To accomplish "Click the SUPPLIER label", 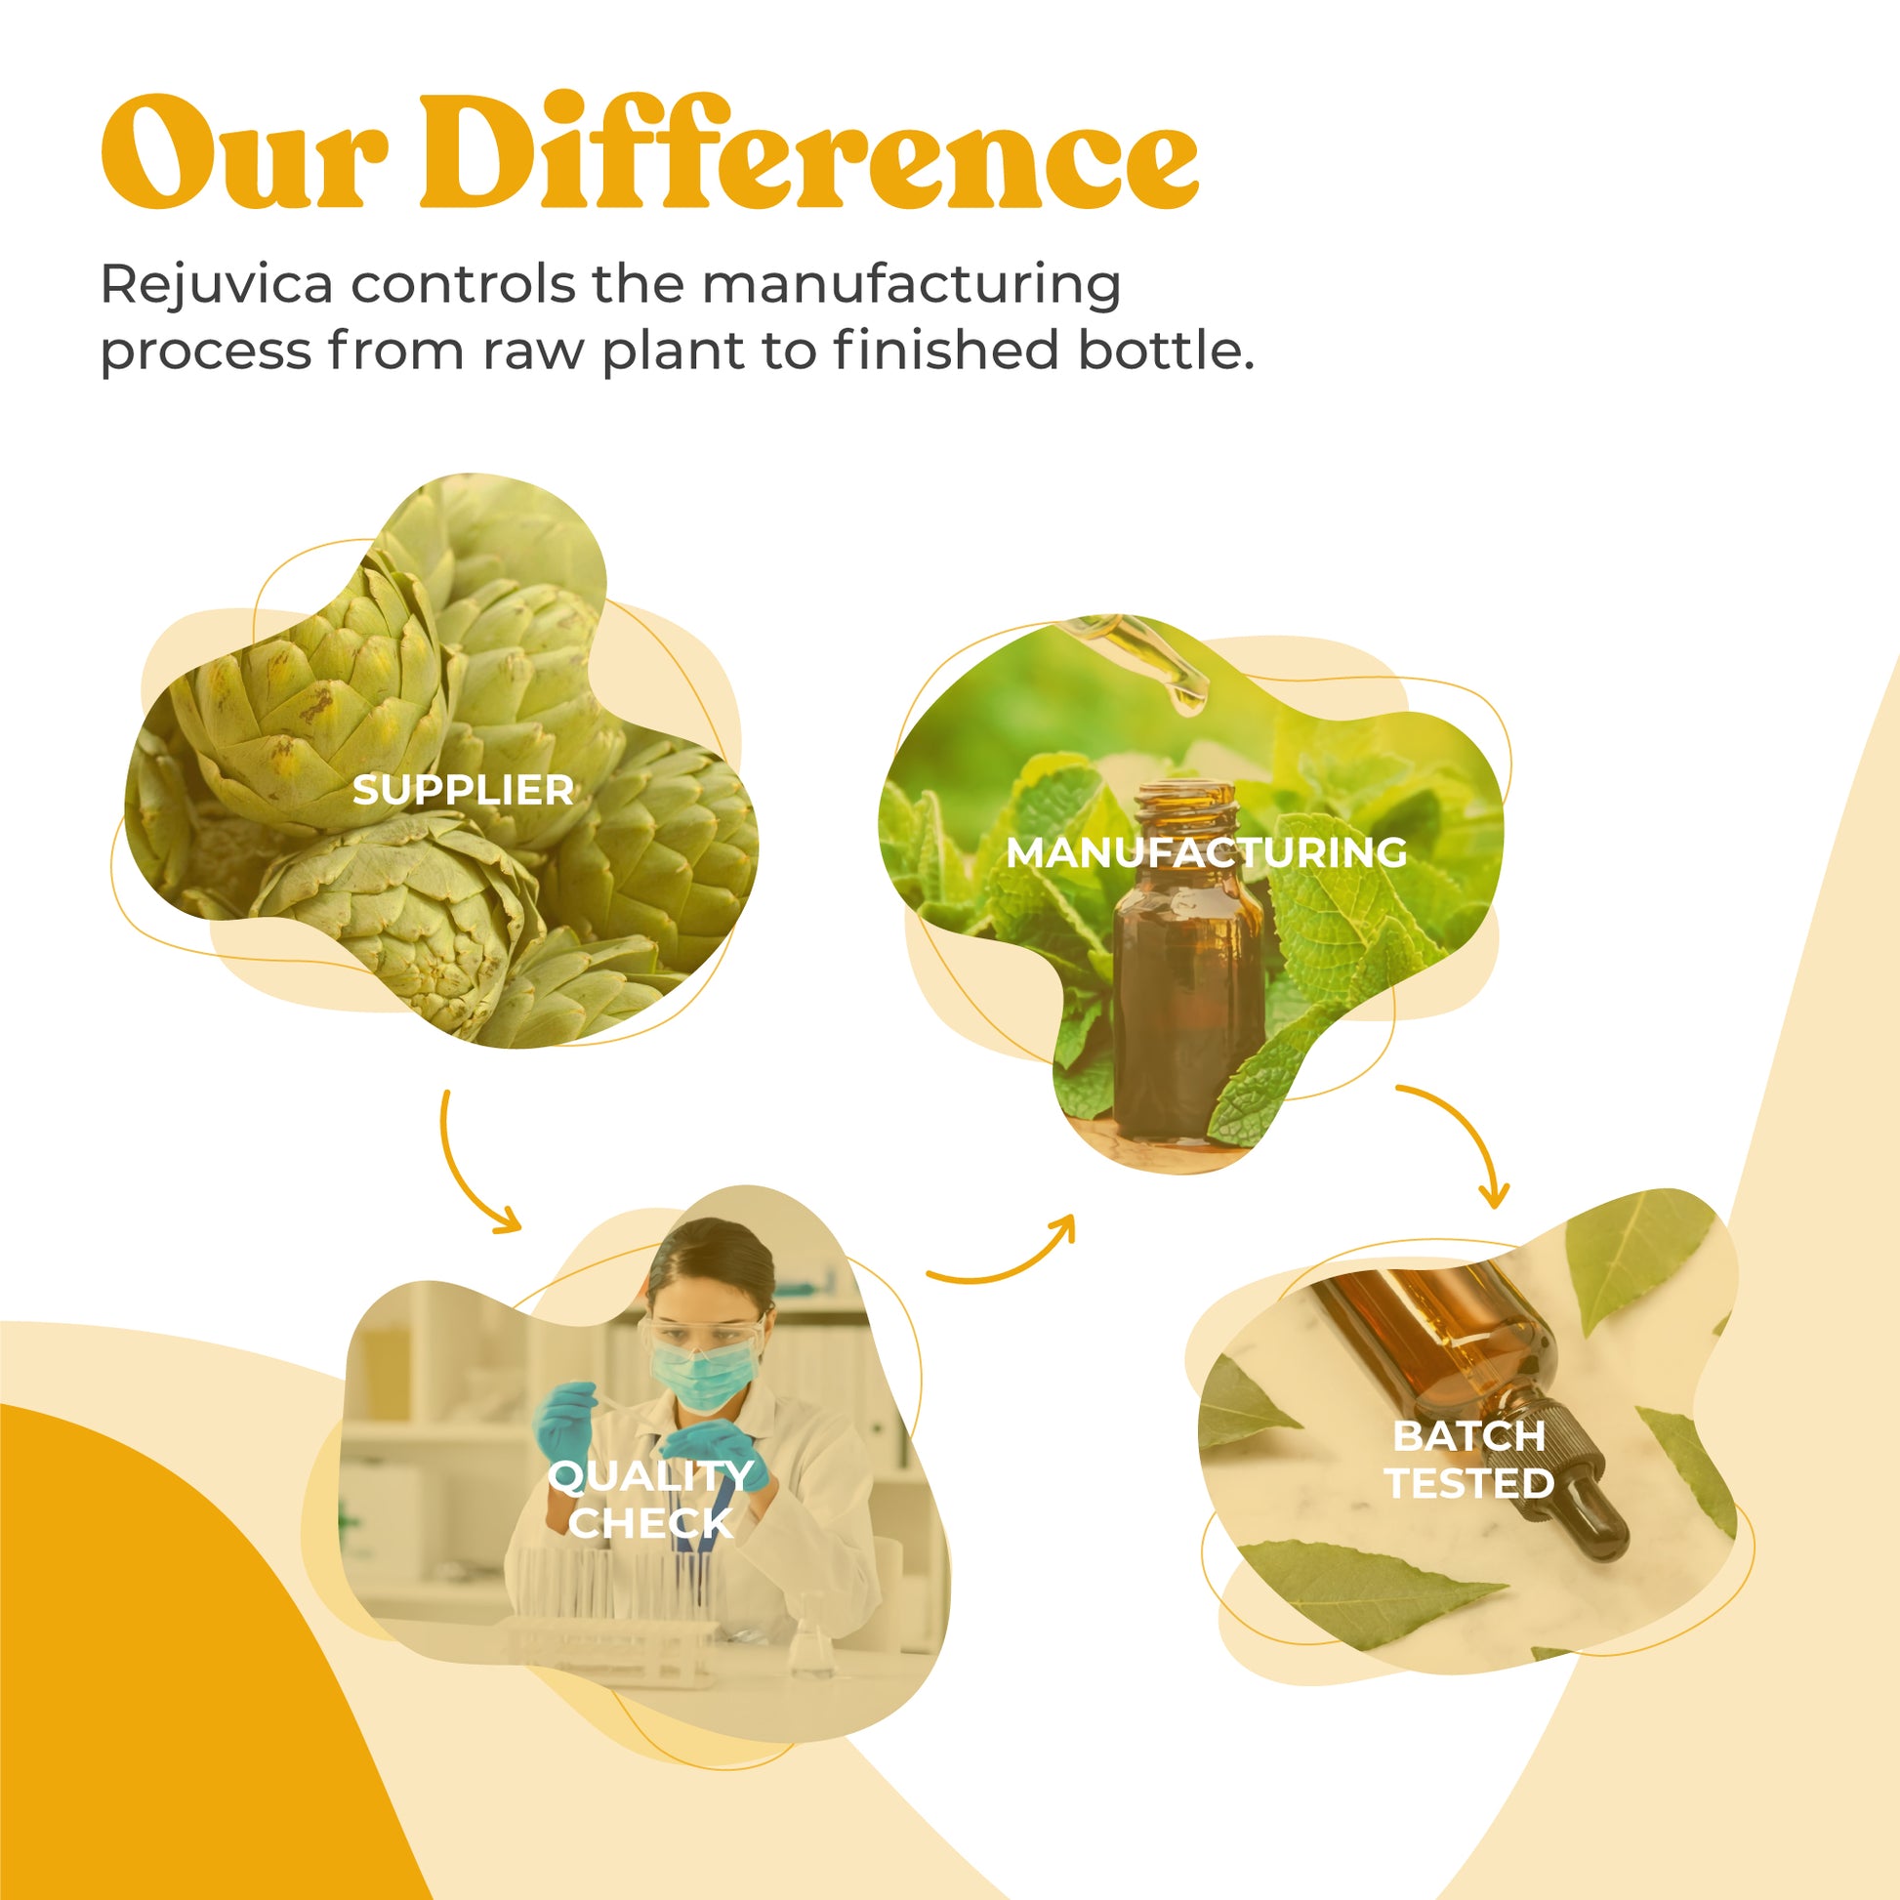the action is click(x=462, y=791).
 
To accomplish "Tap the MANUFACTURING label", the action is click(x=1206, y=852).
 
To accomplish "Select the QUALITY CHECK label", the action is click(x=650, y=1499).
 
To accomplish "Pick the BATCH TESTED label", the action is click(x=1469, y=1460).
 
